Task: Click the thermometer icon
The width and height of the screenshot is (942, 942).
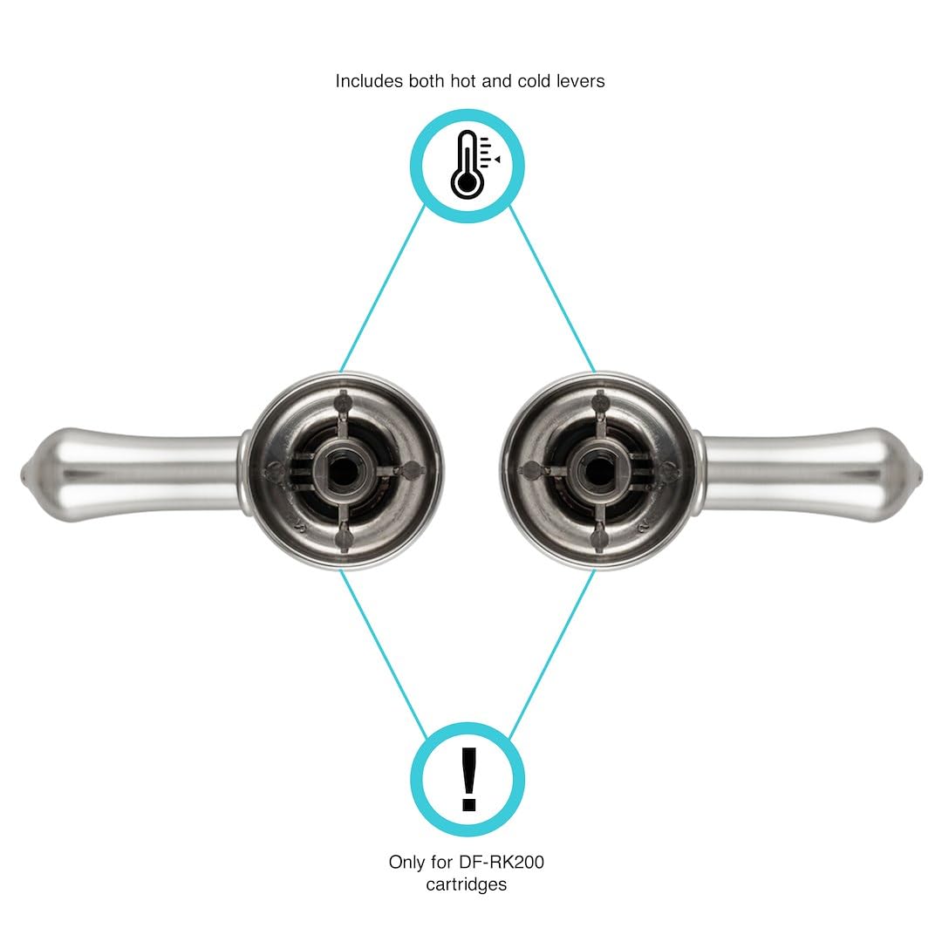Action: pyautogui.click(x=475, y=165)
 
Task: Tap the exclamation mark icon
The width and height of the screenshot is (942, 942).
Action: pyautogui.click(x=468, y=780)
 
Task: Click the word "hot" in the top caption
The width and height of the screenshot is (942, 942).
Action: pyautogui.click(x=464, y=81)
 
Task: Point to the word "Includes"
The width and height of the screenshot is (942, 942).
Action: pyautogui.click(x=369, y=81)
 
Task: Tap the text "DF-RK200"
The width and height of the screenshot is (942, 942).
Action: pyautogui.click(x=501, y=862)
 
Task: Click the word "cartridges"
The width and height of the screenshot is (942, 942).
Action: pyautogui.click(x=466, y=885)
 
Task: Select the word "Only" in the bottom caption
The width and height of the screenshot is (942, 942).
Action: pyautogui.click(x=406, y=863)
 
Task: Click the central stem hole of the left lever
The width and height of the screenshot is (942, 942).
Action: pyautogui.click(x=342, y=470)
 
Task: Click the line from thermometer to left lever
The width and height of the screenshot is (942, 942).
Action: pyautogui.click(x=382, y=289)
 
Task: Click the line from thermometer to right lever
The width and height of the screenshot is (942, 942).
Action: pyautogui.click(x=552, y=289)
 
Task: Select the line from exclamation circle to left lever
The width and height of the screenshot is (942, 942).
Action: pyautogui.click(x=383, y=654)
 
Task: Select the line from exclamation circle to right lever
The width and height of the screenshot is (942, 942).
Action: pyautogui.click(x=552, y=654)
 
